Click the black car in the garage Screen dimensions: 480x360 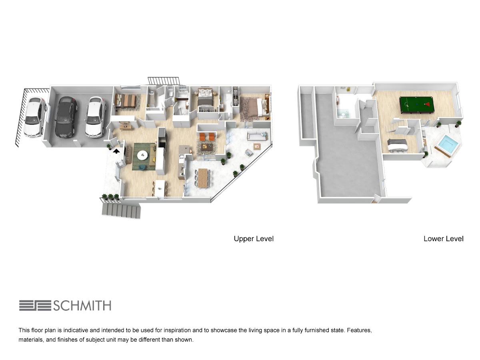click(66, 117)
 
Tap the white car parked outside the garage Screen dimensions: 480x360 click(35, 117)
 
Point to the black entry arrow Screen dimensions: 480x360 click(116, 151)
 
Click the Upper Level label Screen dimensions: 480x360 click(254, 239)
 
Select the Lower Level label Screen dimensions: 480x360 click(444, 239)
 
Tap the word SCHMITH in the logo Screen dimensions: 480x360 click(82, 306)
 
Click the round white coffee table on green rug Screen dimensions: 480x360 click(142, 155)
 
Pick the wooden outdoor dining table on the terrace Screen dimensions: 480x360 click(202, 178)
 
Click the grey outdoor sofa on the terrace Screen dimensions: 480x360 click(257, 136)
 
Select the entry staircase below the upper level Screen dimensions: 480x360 click(121, 211)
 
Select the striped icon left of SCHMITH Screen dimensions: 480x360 click(35, 306)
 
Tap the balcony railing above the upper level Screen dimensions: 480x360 click(164, 81)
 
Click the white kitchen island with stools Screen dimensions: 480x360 click(160, 188)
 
